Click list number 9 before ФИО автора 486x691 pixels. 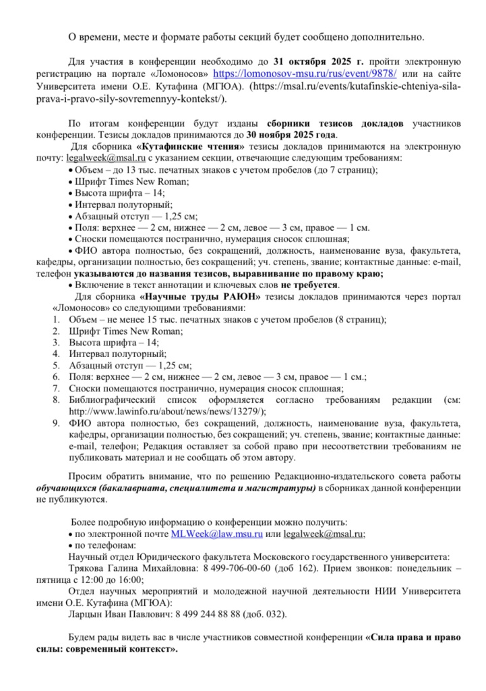pos(56,423)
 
